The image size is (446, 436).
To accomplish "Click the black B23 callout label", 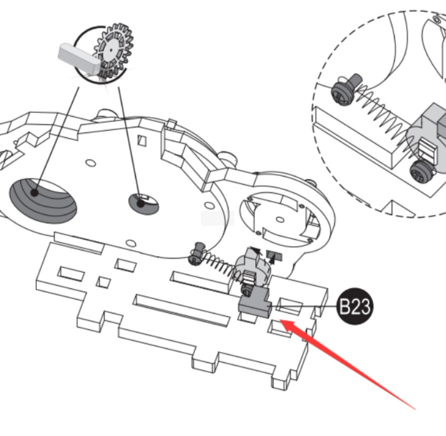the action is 355,306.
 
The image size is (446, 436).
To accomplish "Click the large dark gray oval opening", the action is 43,201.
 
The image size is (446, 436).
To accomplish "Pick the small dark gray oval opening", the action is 144,203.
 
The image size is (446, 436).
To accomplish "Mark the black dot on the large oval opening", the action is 34,193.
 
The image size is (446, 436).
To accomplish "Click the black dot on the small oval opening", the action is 140,203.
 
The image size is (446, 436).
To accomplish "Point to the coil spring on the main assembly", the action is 221,267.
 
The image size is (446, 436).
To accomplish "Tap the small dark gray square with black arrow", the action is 274,256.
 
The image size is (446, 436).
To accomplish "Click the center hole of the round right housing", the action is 280,219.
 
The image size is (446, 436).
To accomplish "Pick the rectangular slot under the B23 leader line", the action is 289,307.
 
